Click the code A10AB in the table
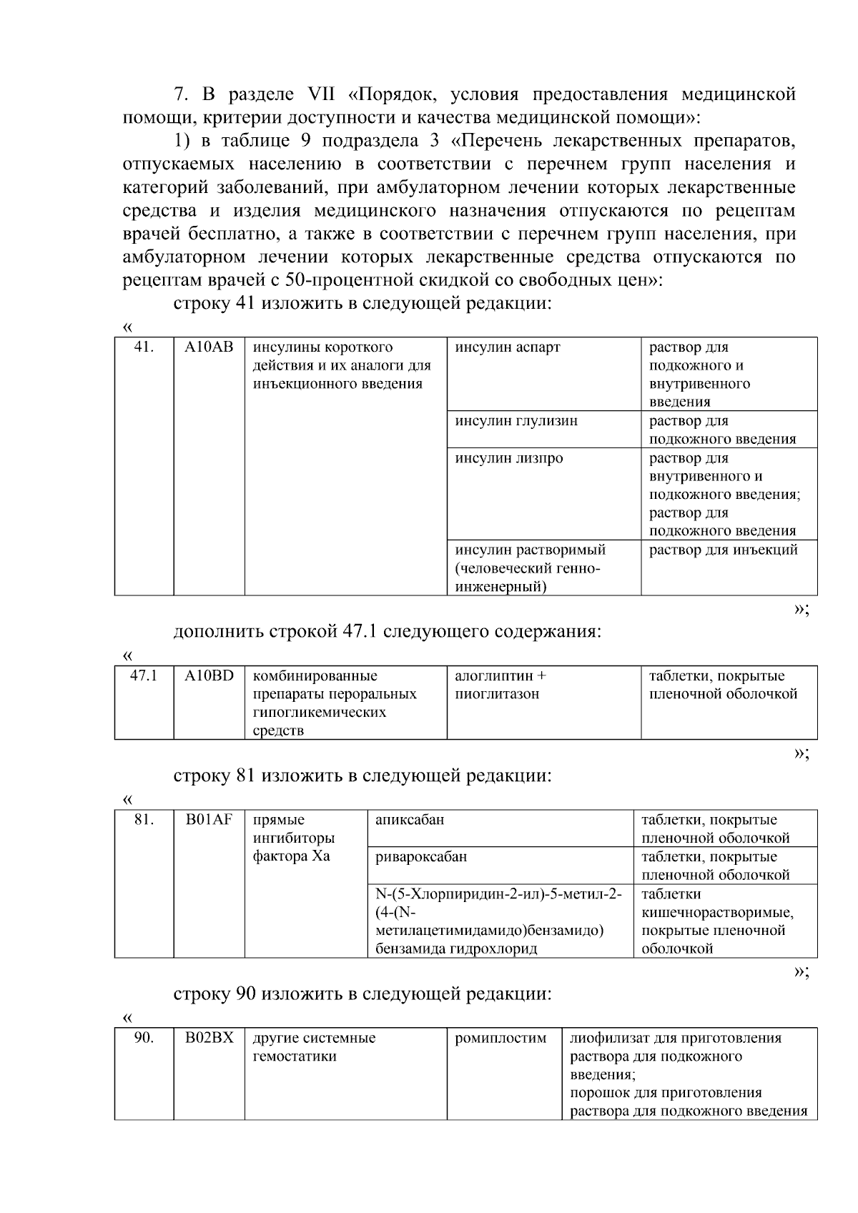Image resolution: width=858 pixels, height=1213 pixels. [x=209, y=347]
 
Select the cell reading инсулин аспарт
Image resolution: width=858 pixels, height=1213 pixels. [x=508, y=347]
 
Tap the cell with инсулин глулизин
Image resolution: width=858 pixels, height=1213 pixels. [x=516, y=421]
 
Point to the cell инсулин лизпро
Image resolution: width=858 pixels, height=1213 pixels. [x=509, y=458]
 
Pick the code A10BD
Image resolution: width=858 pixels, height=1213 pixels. [x=209, y=675]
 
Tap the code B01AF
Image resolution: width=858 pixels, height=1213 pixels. [x=209, y=820]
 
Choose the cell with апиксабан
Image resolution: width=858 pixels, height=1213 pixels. [x=410, y=820]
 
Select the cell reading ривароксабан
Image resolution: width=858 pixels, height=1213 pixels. [x=421, y=856]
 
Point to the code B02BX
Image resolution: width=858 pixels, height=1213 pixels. [x=209, y=1038]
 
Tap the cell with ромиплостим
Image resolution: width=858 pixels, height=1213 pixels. [x=500, y=1038]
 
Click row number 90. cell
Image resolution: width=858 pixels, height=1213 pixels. [x=144, y=1038]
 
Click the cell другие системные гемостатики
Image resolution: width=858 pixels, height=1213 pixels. [x=314, y=1047]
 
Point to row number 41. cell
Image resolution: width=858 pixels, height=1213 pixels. [x=144, y=347]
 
